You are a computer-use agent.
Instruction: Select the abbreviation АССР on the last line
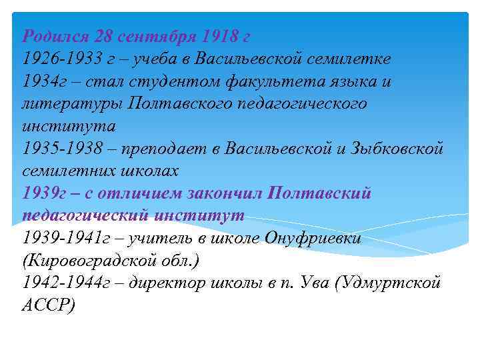tap(49, 306)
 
